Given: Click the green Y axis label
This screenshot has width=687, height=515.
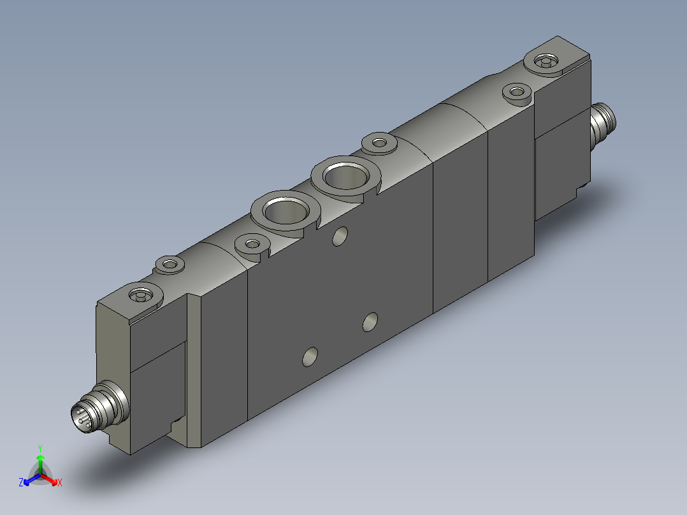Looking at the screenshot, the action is click(x=40, y=448).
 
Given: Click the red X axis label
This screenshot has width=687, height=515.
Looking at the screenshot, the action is click(x=60, y=482).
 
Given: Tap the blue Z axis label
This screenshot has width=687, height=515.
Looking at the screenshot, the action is click(x=20, y=482).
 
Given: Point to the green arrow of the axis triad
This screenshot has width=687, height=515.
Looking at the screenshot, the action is click(x=40, y=465).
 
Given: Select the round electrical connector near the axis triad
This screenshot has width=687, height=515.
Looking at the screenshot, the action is click(x=100, y=406).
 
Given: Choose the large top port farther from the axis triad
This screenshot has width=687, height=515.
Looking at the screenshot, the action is click(x=346, y=176).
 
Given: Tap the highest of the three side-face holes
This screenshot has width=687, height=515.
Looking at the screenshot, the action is click(x=340, y=236).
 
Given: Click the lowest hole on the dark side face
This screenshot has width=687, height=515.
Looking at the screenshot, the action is click(x=310, y=357).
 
